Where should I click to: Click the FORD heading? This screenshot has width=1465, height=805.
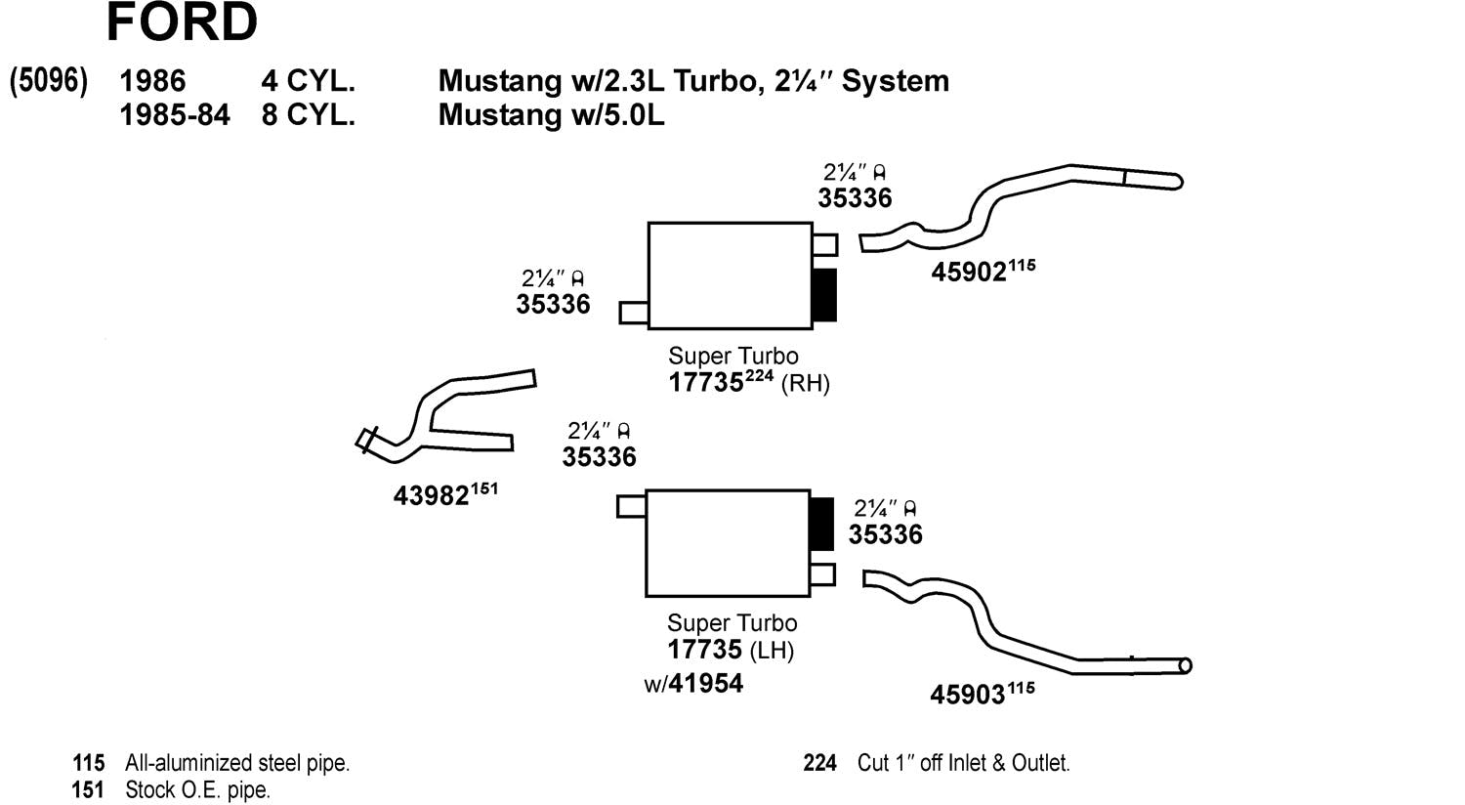(182, 21)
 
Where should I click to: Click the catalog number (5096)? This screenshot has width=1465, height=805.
(49, 81)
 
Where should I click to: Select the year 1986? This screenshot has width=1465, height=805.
(153, 81)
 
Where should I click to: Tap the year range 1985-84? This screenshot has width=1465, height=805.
(175, 115)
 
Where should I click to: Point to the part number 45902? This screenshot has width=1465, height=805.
(969, 272)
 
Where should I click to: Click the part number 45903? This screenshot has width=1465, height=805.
(967, 695)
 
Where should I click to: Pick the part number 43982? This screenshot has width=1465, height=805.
(432, 495)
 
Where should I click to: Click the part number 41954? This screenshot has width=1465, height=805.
(706, 683)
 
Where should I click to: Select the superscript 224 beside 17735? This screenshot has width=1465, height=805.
(759, 375)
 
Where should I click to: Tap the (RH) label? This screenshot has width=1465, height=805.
(806, 383)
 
